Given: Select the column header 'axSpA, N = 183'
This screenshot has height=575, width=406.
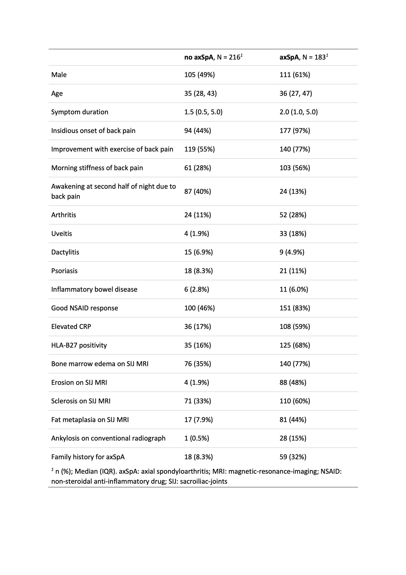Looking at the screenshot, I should tap(303, 57).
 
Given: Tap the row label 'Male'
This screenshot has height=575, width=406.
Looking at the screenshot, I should tap(59, 75).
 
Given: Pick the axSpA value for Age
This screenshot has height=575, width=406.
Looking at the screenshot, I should tap(296, 93).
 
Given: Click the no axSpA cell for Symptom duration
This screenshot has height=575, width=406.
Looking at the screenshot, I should tap(203, 112).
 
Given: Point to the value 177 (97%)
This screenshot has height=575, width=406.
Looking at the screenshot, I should tap(295, 131).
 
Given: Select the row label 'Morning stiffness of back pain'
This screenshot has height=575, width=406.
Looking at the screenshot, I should tap(97, 168).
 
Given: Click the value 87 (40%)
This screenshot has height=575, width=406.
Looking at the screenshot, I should tap(198, 192).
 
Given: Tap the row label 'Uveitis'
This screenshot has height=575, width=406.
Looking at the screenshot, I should tap(62, 234).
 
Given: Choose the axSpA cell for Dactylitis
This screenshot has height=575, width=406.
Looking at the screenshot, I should tap(292, 252).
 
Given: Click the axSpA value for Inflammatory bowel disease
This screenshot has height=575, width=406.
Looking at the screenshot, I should tap(294, 290).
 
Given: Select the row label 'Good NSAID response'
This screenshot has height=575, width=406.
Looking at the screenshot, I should tap(84, 308).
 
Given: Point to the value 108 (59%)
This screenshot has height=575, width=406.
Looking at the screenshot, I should tap(295, 327).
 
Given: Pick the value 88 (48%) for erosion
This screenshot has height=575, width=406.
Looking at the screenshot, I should tap(293, 382).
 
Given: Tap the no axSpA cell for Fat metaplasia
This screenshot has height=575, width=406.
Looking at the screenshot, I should tap(199, 420).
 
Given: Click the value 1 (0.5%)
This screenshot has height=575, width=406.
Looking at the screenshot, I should tap(197, 438).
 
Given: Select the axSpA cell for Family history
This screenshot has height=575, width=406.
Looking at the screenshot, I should tap(293, 457).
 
